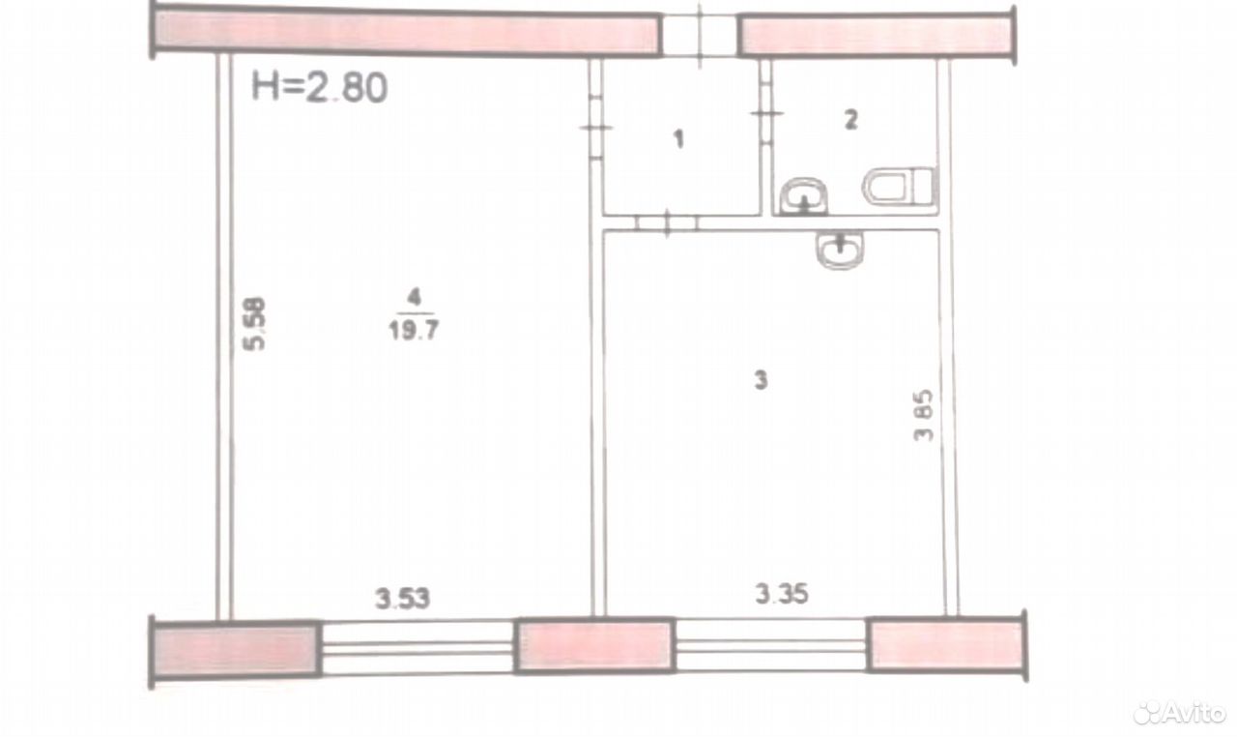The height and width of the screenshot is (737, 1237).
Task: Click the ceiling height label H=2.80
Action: point(319,87)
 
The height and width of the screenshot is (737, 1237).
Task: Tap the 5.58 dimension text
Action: point(254,324)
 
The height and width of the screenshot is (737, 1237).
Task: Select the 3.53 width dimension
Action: point(402,599)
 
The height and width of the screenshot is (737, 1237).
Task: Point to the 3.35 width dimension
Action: point(782,594)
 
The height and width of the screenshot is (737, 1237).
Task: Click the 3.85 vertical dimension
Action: point(923,415)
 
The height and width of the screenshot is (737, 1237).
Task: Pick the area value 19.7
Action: point(414,331)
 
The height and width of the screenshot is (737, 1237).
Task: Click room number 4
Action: point(414,298)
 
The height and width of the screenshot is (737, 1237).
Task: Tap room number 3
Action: point(761,380)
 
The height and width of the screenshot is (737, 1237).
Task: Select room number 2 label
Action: point(851,120)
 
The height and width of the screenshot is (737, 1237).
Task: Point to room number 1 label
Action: point(679,139)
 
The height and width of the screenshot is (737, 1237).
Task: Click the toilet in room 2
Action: point(899,186)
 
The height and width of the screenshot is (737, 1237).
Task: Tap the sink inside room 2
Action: point(804,196)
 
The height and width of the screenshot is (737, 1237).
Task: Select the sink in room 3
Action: point(840,250)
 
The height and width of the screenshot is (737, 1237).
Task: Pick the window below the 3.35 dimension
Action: point(771,645)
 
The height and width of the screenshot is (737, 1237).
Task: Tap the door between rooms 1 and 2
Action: point(766,113)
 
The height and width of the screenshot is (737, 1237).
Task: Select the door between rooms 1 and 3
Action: point(667,222)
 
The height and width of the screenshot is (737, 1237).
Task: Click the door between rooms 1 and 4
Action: point(595,129)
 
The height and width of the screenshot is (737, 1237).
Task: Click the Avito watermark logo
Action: point(1180,713)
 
